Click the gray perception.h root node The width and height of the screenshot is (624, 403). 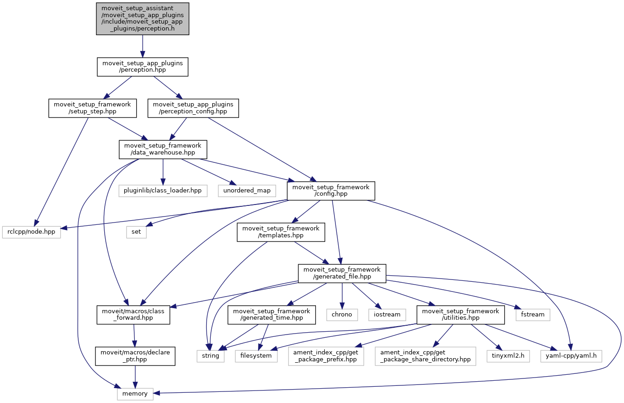(142, 19)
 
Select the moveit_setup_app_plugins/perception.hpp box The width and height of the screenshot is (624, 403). (142, 67)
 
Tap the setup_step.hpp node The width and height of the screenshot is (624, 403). (93, 108)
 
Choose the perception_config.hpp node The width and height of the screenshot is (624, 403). (193, 108)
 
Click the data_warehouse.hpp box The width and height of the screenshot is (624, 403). (163, 149)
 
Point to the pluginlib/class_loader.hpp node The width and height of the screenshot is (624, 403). (163, 190)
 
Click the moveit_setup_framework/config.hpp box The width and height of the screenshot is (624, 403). (331, 191)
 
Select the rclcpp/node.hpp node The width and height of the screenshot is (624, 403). (32, 232)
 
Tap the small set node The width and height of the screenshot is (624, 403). (136, 232)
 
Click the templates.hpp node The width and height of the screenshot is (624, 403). (281, 232)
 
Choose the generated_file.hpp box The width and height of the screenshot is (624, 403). (342, 273)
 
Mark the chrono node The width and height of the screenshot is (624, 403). (342, 314)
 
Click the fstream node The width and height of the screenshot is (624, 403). (533, 314)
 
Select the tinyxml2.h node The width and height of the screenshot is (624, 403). (508, 356)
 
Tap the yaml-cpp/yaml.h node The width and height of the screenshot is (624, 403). (571, 356)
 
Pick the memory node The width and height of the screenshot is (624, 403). (135, 393)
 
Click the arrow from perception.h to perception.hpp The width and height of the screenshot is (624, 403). (142, 46)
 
